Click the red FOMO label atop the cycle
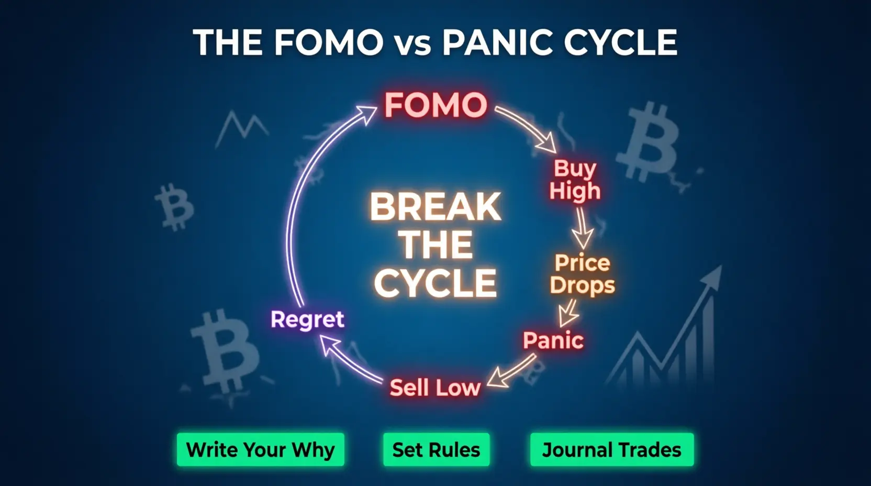coord(435,105)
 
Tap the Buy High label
coord(575,180)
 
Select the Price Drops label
coord(582,274)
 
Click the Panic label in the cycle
coord(553,340)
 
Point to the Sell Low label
coord(435,388)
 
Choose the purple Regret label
coord(307,319)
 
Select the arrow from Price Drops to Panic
coord(568,313)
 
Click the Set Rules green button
coord(436,449)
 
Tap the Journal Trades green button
coord(612,449)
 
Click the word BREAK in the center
coord(435,207)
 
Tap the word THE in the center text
coord(435,245)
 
